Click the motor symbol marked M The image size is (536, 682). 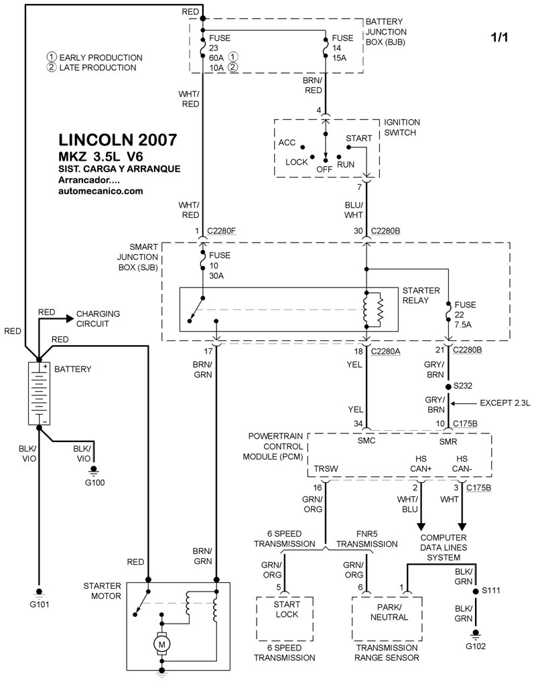161,644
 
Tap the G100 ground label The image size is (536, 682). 94,482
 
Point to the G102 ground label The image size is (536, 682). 476,646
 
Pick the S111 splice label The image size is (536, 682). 494,591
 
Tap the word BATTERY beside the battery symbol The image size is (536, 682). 72,369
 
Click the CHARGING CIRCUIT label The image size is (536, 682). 98,318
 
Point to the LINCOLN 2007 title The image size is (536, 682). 118,140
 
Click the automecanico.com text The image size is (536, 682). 100,191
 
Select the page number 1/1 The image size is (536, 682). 499,38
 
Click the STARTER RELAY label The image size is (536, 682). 421,295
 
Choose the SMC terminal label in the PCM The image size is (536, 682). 366,442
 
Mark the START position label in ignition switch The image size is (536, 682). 358,138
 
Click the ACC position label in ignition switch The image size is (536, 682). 287,143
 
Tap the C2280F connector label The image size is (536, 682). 222,231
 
